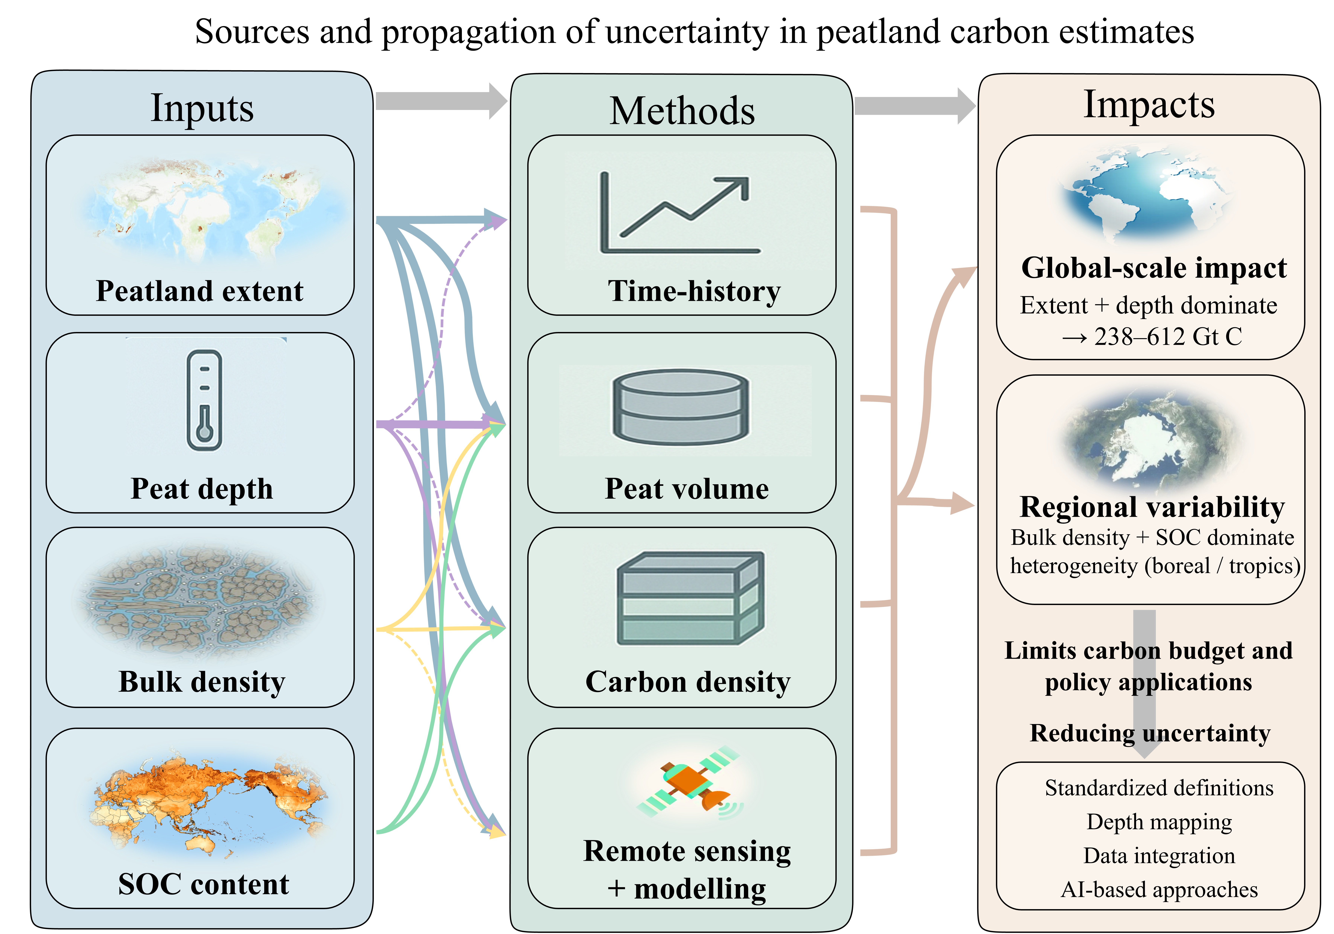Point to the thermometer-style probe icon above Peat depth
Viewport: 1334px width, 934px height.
(x=204, y=401)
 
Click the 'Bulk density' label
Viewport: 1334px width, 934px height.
(x=202, y=682)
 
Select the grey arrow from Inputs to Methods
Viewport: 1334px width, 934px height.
(x=442, y=101)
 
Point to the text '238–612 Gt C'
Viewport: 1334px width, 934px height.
(x=1168, y=337)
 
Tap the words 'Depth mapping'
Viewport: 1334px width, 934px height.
(x=1159, y=822)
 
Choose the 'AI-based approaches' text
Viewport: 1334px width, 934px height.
(x=1159, y=889)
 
